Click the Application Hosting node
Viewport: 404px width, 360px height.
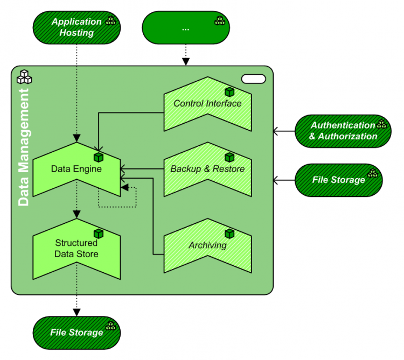point(76,27)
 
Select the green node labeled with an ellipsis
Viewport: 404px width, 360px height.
point(185,28)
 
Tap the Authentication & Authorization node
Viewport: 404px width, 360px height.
point(343,131)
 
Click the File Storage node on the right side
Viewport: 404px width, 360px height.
point(339,180)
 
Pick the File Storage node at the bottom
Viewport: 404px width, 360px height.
point(76,332)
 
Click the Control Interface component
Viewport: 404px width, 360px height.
point(207,103)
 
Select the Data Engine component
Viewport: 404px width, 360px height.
point(76,169)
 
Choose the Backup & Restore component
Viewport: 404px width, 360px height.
point(207,169)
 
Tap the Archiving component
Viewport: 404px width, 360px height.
point(207,245)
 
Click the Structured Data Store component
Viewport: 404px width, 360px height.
point(76,248)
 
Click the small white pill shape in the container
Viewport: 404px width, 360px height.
point(254,79)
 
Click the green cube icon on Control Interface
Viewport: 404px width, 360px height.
point(229,92)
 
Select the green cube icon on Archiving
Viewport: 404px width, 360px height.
point(229,234)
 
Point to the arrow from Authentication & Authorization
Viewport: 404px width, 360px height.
point(284,130)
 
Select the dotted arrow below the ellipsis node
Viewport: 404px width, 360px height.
point(185,54)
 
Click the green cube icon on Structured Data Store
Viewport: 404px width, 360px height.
point(99,234)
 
